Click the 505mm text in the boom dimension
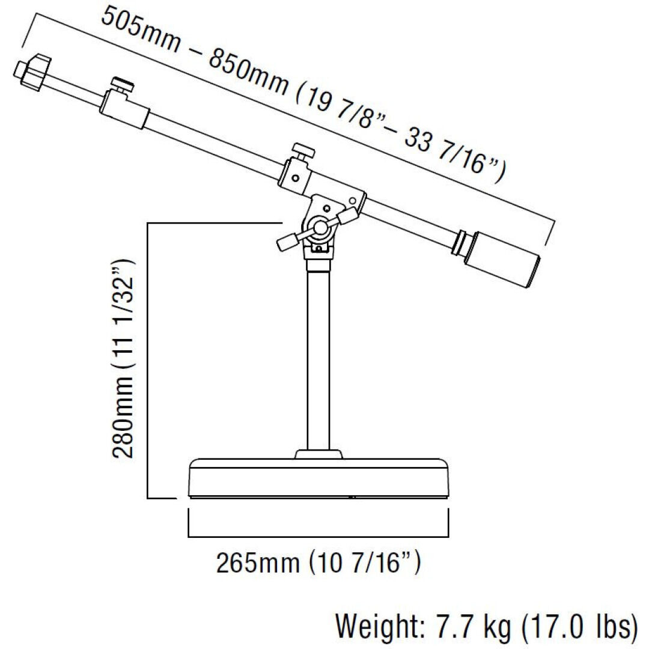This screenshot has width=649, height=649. pyautogui.click(x=141, y=30)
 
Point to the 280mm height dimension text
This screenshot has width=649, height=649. pyautogui.click(x=123, y=418)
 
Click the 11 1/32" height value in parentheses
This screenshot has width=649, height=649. pyautogui.click(x=123, y=314)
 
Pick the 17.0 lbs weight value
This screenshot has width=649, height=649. pyautogui.click(x=580, y=626)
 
